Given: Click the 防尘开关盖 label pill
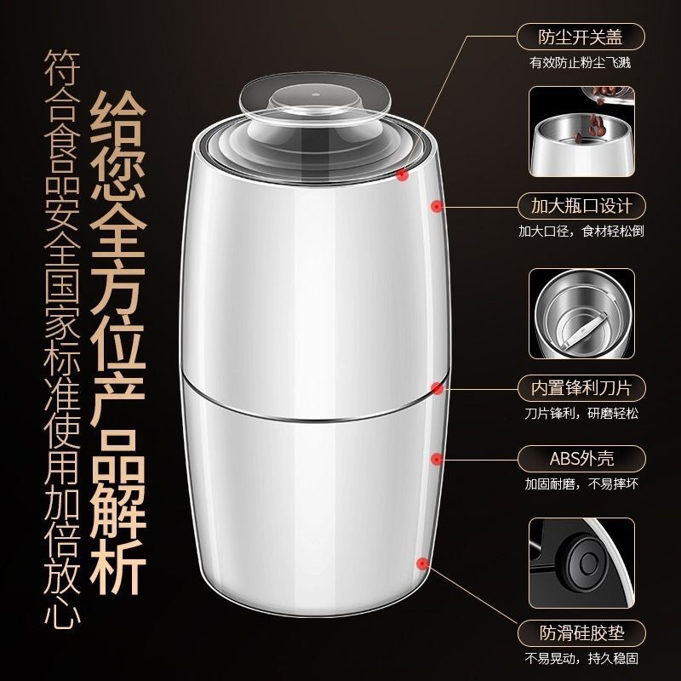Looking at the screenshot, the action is pyautogui.click(x=581, y=37).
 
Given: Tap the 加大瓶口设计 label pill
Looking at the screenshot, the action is pyautogui.click(x=581, y=206).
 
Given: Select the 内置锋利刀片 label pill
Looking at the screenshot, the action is pyautogui.click(x=581, y=388).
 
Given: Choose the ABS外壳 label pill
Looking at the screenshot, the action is pyautogui.click(x=581, y=459).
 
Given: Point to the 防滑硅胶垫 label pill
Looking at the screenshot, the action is pyautogui.click(x=581, y=633).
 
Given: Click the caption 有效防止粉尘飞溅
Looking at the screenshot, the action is pyautogui.click(x=580, y=63).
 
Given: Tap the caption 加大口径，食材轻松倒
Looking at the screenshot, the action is pyautogui.click(x=581, y=231).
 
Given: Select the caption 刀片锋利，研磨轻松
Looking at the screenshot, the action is pyautogui.click(x=581, y=413).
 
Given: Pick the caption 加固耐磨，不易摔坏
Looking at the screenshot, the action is pyautogui.click(x=581, y=484).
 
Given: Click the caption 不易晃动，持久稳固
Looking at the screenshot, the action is pyautogui.click(x=581, y=658).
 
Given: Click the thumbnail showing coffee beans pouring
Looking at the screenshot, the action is pyautogui.click(x=581, y=132).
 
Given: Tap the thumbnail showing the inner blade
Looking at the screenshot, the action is pyautogui.click(x=581, y=314).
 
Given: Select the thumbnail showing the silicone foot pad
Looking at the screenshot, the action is pyautogui.click(x=581, y=563).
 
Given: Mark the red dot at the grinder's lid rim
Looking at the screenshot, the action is pyautogui.click(x=403, y=175).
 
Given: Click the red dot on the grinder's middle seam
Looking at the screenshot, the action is pyautogui.click(x=437, y=388).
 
